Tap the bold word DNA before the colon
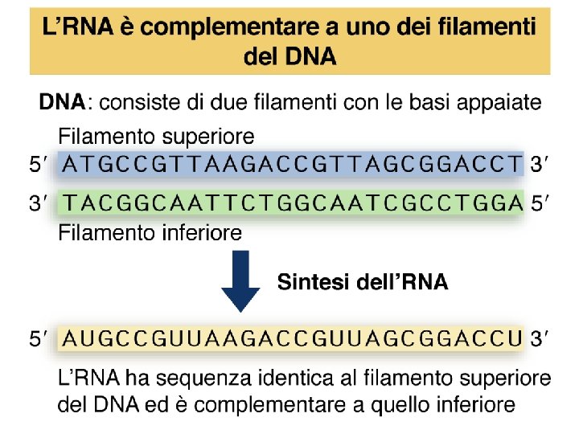click(x=62, y=103)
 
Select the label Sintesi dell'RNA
click(x=362, y=282)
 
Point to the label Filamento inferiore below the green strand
click(x=150, y=233)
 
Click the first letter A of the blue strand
click(x=70, y=165)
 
